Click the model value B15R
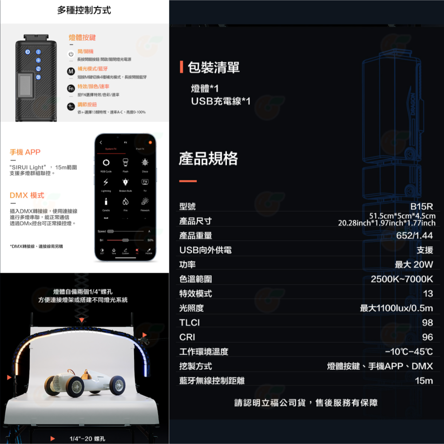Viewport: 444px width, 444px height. [x=421, y=206]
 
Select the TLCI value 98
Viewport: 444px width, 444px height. [x=427, y=323]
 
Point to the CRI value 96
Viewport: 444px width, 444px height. [x=427, y=337]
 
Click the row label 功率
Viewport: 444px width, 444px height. [x=187, y=265]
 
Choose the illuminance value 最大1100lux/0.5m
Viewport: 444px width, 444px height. [x=396, y=308]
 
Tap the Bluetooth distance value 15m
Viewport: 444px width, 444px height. [x=424, y=381]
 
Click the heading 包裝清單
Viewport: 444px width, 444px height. [x=214, y=67]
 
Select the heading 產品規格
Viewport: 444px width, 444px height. [x=208, y=159]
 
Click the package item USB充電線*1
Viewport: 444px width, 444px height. [x=221, y=101]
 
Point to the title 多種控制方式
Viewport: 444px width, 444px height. [x=84, y=10]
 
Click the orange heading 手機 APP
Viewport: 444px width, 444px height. [x=25, y=152]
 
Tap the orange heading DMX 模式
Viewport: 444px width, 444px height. [x=27, y=195]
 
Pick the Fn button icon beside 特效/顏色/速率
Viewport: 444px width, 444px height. [x=70, y=89]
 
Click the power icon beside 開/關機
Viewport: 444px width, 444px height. [x=70, y=54]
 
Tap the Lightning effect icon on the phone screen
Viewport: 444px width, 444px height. [x=106, y=182]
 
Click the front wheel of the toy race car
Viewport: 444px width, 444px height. [x=117, y=385]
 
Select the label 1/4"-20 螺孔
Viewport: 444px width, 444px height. [x=87, y=439]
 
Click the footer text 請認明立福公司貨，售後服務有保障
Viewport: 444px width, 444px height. [x=306, y=403]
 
